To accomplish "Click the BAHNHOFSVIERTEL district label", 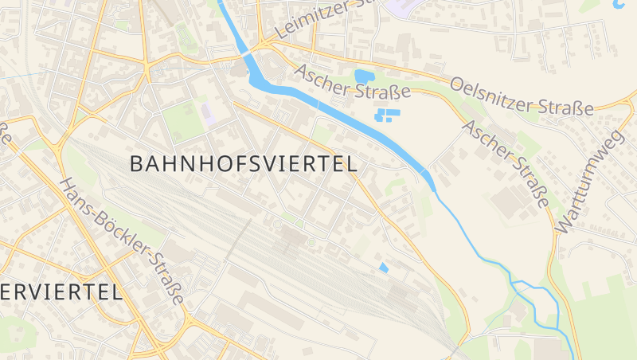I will click(243, 164).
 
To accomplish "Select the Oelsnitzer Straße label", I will click(522, 96).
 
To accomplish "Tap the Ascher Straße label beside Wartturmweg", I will click(506, 163).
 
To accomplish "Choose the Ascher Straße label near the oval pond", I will click(352, 81).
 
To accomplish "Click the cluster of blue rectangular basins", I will click(388, 116).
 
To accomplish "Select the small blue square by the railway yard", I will click(384, 268).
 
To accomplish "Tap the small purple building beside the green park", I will click(208, 112).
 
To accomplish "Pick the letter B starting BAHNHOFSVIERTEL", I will click(136, 164).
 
